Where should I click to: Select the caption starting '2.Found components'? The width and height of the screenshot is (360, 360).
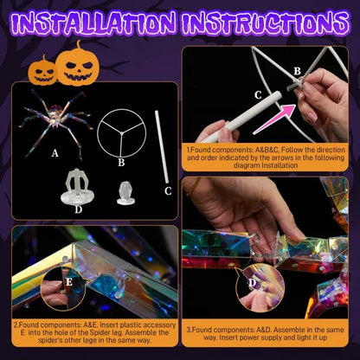[x=90, y=334]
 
